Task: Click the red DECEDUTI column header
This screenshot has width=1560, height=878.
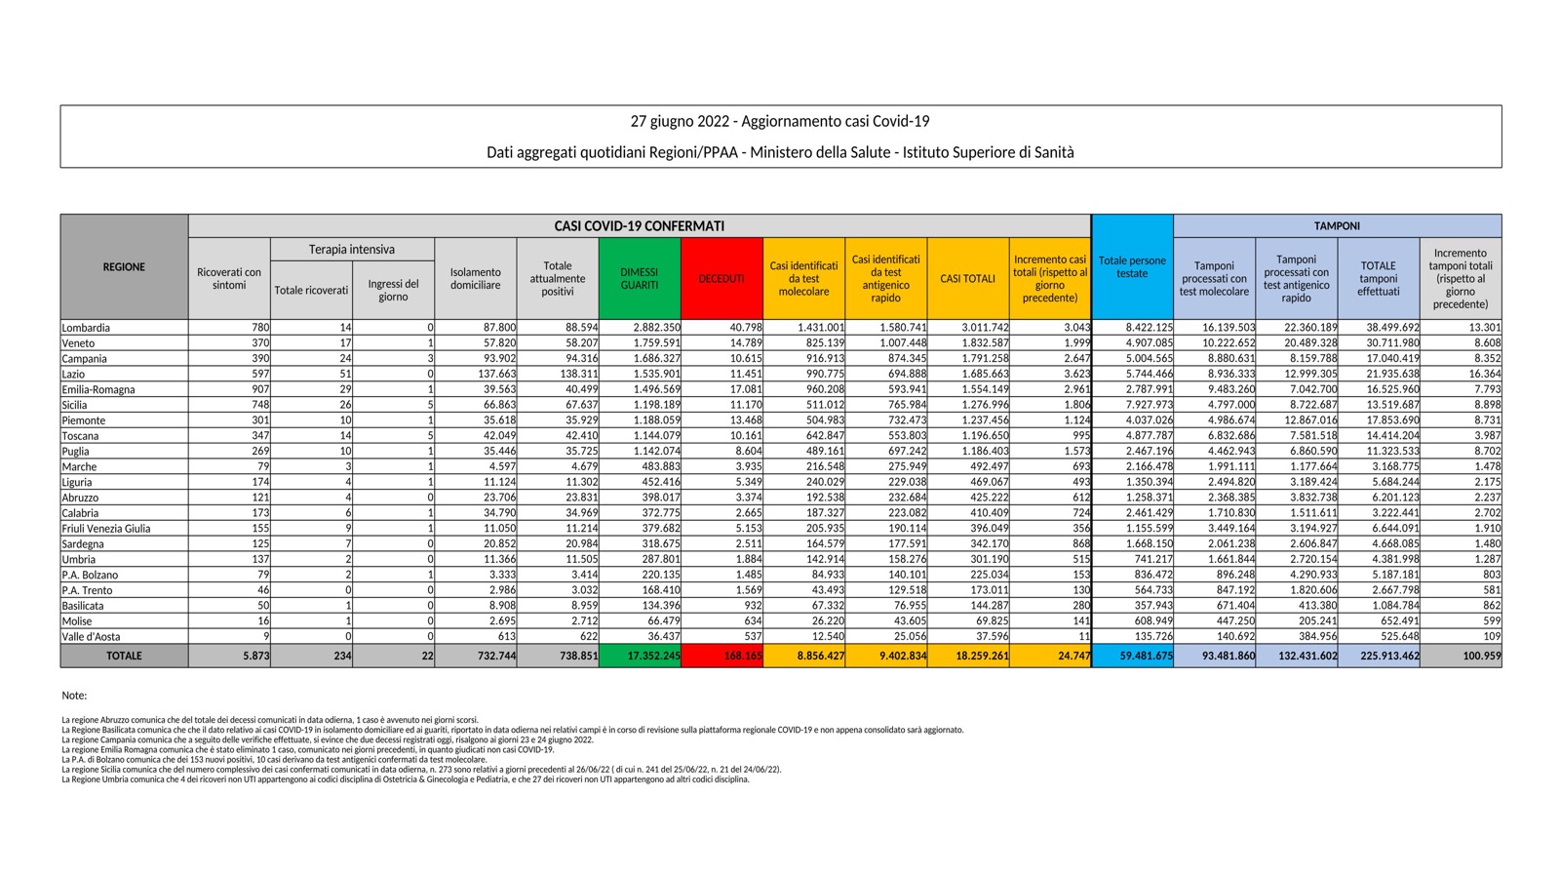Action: (x=721, y=278)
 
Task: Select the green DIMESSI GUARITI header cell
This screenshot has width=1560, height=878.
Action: (x=640, y=278)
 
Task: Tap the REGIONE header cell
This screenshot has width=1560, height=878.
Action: (x=124, y=266)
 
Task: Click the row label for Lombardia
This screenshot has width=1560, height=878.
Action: (x=86, y=328)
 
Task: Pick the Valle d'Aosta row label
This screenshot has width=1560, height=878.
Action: (x=92, y=636)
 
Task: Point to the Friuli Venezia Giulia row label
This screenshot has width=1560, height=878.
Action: (x=106, y=529)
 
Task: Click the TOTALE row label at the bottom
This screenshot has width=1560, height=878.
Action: (x=124, y=656)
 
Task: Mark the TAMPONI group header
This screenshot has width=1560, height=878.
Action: (x=1337, y=225)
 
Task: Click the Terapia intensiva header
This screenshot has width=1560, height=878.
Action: (x=352, y=250)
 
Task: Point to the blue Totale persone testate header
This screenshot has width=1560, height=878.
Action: (x=1132, y=266)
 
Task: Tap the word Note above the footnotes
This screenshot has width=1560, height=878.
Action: (x=74, y=696)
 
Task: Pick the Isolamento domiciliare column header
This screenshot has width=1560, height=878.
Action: (x=476, y=278)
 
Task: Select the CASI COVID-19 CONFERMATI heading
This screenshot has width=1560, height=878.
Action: (x=640, y=225)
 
